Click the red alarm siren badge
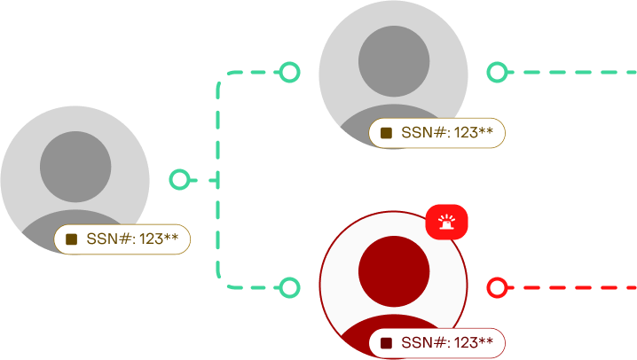(446, 222)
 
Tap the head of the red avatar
(394, 271)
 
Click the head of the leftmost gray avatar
(75, 168)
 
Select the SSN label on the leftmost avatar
(122, 239)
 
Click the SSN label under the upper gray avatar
(436, 133)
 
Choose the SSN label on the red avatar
(436, 342)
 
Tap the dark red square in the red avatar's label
(386, 342)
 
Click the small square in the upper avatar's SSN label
(386, 133)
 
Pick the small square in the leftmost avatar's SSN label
(72, 239)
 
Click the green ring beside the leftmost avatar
(179, 180)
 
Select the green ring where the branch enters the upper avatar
(289, 72)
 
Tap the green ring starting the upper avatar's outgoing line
(498, 72)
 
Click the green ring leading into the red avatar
(289, 286)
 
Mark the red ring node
(498, 286)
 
